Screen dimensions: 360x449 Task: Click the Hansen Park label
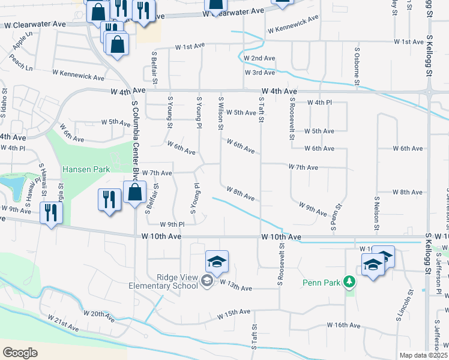pos(86,170)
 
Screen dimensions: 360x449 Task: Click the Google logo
pos(20,352)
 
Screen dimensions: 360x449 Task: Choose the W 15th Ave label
pos(234,313)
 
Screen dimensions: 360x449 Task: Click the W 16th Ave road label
pos(343,325)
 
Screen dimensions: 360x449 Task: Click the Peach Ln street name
pos(21,62)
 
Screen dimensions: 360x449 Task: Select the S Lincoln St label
pos(409,309)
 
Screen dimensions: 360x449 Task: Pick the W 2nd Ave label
pos(259,58)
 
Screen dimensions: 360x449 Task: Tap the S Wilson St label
pos(221,113)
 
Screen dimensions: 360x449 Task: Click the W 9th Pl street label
pos(172,224)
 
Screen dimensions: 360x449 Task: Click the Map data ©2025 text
pos(423,355)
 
